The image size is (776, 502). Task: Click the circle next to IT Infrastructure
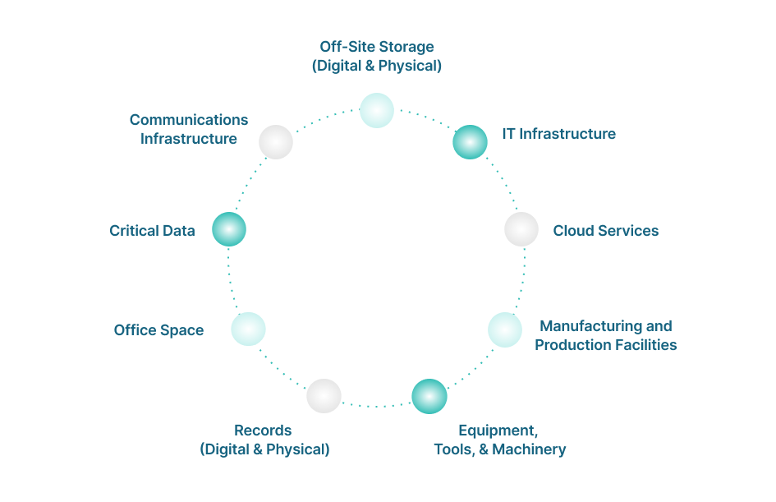(471, 142)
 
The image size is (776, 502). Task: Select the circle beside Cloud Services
(521, 229)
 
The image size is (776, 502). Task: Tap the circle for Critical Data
(229, 229)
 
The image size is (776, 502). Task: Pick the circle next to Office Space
(248, 329)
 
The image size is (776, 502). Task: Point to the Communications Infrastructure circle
(276, 142)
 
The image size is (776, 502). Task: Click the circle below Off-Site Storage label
(377, 110)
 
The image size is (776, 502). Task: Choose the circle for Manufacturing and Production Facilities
(505, 329)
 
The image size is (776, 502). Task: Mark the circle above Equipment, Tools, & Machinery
(429, 396)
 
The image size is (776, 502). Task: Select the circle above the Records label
(324, 396)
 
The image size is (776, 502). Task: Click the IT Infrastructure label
(559, 134)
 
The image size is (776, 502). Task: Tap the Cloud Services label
(606, 231)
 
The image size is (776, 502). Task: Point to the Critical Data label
(153, 231)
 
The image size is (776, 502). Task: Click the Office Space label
(158, 330)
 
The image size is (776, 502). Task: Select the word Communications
(189, 120)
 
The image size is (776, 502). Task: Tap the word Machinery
(529, 449)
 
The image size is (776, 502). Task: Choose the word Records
(263, 431)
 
